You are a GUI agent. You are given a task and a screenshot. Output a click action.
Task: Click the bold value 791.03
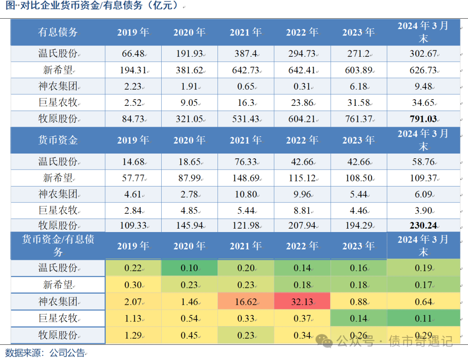click(422, 119)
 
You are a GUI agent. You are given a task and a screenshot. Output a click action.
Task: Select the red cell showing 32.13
click(302, 301)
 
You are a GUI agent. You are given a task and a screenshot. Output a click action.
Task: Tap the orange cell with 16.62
click(245, 301)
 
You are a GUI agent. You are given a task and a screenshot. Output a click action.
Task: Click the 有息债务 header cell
click(58, 32)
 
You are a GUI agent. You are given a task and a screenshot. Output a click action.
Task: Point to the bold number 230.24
click(422, 226)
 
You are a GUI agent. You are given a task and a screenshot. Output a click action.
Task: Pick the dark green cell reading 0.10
click(189, 268)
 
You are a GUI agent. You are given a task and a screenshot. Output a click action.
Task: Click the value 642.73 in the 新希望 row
click(245, 70)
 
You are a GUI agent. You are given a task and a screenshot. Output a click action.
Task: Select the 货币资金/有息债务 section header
click(58, 245)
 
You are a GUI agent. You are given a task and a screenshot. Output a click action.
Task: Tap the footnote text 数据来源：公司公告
click(45, 352)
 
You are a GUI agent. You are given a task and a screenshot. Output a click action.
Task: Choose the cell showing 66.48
click(133, 54)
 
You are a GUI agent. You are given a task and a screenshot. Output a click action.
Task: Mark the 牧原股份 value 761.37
click(358, 119)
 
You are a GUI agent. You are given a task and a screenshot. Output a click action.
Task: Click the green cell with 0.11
click(422, 318)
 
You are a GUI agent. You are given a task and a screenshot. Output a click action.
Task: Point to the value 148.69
click(245, 178)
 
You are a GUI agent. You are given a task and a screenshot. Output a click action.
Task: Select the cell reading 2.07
click(133, 301)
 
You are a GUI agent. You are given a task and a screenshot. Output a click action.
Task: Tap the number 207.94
click(302, 226)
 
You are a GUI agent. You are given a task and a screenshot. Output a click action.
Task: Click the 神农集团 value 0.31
click(302, 86)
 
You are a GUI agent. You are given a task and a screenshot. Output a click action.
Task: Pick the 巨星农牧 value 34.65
click(422, 103)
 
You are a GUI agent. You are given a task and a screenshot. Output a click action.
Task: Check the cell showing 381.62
click(189, 70)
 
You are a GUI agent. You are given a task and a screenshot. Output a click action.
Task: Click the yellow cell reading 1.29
click(133, 335)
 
